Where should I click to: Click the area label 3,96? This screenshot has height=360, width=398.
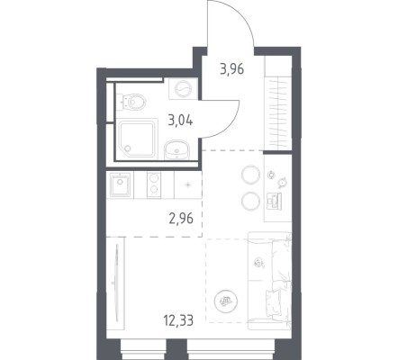[x=231, y=69]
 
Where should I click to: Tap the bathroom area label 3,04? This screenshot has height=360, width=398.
[x=180, y=121]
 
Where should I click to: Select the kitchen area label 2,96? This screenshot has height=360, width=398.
[x=181, y=219]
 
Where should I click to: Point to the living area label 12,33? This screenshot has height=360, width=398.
[x=178, y=320]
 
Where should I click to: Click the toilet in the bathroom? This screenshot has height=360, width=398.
[x=134, y=102]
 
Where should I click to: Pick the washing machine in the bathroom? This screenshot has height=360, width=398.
[x=183, y=89]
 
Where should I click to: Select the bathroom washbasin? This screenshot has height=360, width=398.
[x=177, y=149]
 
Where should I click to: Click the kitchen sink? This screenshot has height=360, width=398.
[x=120, y=184]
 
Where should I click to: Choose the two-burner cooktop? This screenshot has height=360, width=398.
[x=154, y=185]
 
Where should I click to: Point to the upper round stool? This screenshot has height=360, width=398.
[x=250, y=175]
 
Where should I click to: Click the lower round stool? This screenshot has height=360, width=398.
[x=250, y=202]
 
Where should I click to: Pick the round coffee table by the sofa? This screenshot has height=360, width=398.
[x=226, y=300]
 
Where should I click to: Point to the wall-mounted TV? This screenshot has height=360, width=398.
[x=116, y=283]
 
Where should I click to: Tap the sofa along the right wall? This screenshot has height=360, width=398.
[x=269, y=281]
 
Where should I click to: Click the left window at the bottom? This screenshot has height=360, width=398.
[x=143, y=349]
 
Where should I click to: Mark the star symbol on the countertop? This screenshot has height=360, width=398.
[x=188, y=184]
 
